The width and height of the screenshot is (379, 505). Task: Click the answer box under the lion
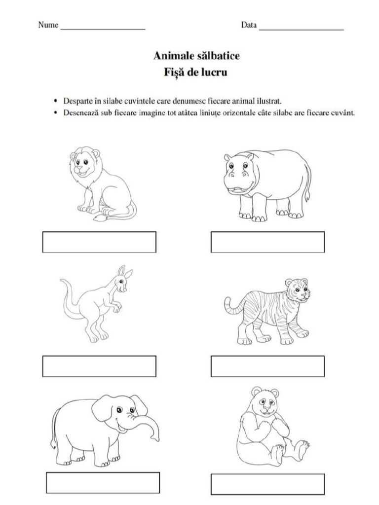99,242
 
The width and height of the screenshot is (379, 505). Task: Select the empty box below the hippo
267,242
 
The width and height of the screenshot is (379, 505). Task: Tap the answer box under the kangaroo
99,366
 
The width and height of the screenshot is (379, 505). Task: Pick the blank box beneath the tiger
267,366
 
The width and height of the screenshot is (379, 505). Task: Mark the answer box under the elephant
103,483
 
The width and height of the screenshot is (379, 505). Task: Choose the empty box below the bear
267,484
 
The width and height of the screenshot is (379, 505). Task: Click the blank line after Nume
103,29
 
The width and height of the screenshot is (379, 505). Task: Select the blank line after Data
301,29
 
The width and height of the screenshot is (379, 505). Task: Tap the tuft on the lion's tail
101,216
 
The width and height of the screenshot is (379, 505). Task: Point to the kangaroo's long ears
124,272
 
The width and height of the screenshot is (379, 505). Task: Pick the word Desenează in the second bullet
79,113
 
